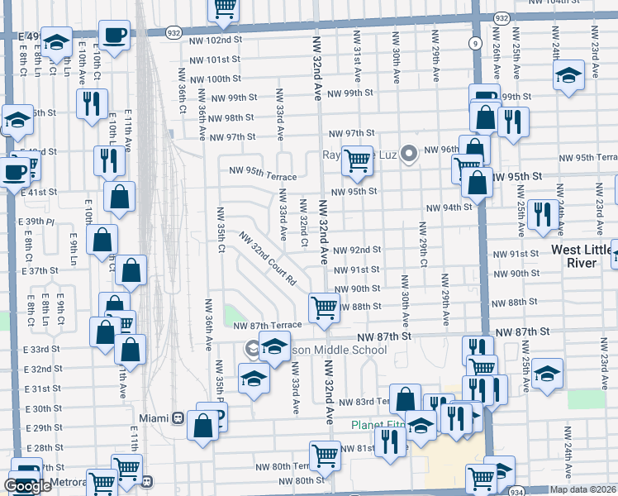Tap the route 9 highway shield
tap(474, 42)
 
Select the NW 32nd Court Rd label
tap(268, 259)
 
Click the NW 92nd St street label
tap(357, 250)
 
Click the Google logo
tap(27, 485)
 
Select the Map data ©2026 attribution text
tap(582, 489)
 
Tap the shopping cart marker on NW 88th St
tap(324, 307)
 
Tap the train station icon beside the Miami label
tap(178, 417)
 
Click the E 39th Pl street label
tap(39, 222)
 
